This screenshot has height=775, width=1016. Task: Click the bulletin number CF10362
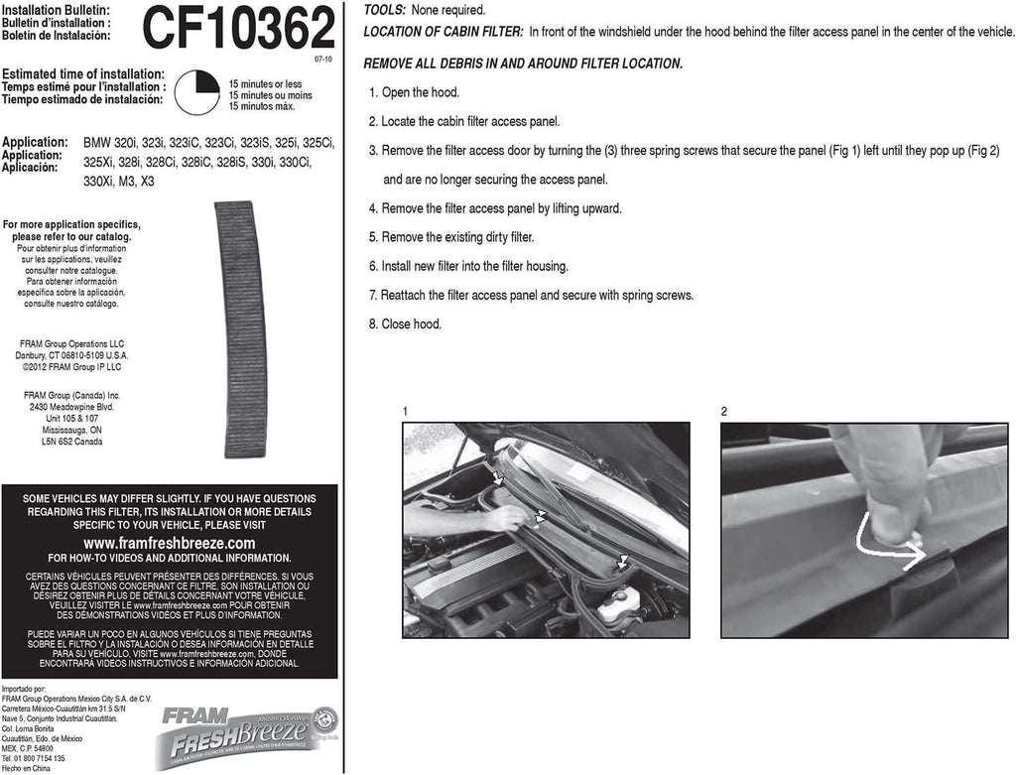tap(239, 30)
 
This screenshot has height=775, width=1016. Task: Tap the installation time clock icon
tap(196, 93)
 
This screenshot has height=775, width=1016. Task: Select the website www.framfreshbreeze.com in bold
tap(170, 543)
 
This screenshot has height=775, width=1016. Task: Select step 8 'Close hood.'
tap(405, 324)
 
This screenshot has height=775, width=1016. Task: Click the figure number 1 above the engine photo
tap(406, 411)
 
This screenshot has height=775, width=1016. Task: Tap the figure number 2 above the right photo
tap(724, 411)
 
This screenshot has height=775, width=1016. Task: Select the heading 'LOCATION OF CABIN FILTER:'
tap(443, 32)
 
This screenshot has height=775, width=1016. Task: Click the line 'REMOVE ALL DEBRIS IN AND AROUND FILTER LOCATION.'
tap(523, 64)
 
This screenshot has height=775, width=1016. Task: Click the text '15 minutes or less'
tap(266, 84)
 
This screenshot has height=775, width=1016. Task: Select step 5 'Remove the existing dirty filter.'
tap(451, 237)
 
